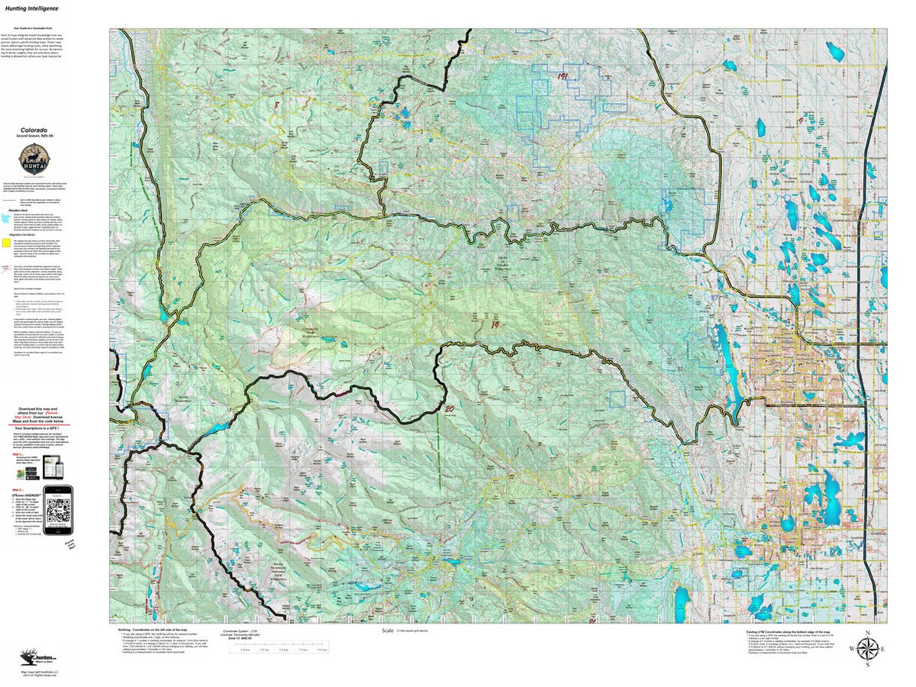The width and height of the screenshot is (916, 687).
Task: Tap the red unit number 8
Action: tap(276, 105)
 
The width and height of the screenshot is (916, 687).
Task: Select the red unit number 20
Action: tap(449, 408)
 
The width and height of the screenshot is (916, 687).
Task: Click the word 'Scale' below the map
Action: tap(389, 631)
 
